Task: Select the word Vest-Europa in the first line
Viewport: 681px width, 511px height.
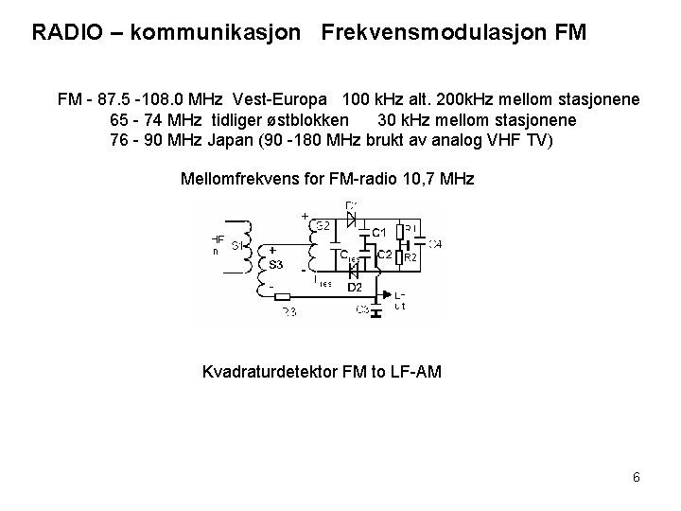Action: point(285,99)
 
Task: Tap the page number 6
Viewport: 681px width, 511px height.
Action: point(637,477)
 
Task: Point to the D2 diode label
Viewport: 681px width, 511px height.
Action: point(355,286)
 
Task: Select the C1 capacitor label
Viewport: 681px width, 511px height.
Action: point(378,232)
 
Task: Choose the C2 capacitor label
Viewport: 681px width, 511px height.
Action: point(385,255)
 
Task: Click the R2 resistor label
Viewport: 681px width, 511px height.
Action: point(410,256)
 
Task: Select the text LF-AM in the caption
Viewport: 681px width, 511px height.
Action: point(412,372)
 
